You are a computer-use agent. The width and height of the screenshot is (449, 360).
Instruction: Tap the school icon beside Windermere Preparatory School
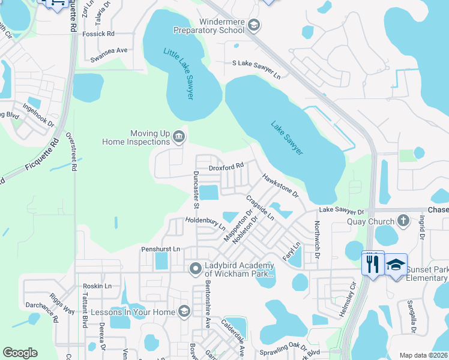254,24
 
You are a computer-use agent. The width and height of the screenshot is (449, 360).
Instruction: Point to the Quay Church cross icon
403,221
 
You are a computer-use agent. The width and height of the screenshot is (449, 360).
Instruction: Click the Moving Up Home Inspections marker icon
178,137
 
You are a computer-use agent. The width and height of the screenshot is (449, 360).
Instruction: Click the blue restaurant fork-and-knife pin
372,263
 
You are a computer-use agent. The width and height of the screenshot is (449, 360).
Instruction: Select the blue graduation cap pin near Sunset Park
396,264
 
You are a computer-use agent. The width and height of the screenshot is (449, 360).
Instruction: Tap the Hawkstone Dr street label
280,186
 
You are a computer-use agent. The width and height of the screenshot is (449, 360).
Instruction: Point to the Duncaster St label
196,188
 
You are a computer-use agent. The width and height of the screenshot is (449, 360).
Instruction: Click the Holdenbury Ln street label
205,223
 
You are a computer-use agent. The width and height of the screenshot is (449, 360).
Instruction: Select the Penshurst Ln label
160,249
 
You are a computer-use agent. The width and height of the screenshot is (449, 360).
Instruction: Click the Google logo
20,353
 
